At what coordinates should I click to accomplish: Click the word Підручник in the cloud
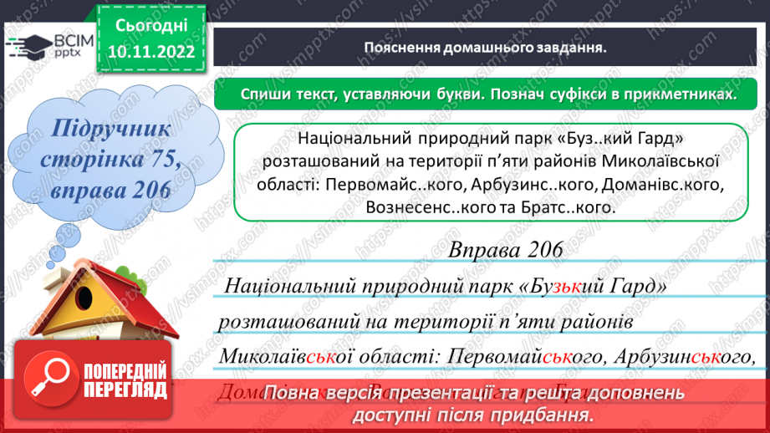[x=110, y=129]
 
